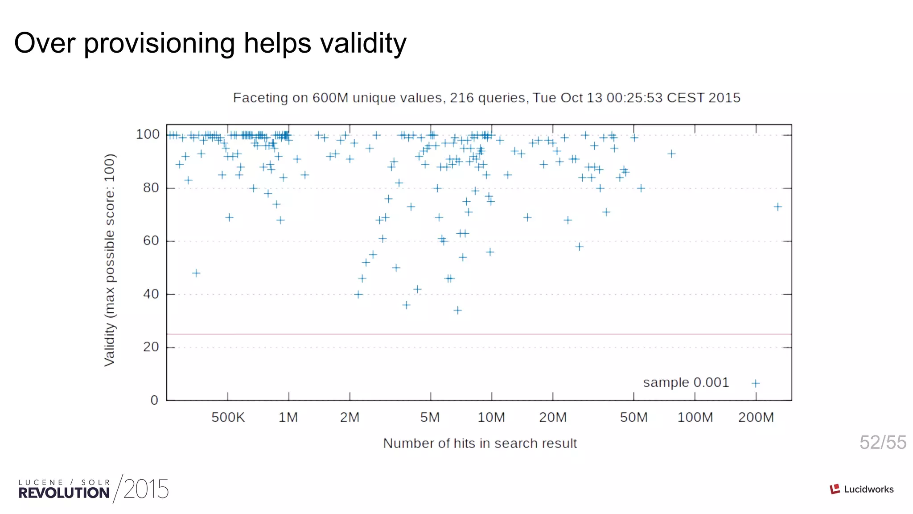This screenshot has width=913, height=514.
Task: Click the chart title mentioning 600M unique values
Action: [486, 98]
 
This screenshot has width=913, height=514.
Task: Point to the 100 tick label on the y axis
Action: [148, 134]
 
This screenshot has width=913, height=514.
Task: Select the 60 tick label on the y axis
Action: [151, 241]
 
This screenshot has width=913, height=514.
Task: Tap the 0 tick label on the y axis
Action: [154, 400]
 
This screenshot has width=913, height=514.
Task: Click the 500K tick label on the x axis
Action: [228, 418]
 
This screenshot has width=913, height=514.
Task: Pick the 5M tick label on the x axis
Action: [430, 418]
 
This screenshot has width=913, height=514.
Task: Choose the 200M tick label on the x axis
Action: [756, 418]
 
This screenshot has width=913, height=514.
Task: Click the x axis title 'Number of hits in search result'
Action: [480, 444]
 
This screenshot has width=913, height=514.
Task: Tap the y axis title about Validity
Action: [110, 260]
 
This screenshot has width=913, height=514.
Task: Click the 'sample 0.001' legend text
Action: [686, 383]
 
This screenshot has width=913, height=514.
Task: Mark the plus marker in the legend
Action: [755, 383]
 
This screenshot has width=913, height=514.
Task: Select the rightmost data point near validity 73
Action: [777, 207]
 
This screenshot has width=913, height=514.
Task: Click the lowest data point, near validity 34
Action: [457, 310]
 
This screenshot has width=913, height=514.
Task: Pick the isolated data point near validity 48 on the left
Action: [196, 273]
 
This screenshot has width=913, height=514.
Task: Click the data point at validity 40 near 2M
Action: [358, 294]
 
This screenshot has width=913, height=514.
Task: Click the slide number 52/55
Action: [883, 443]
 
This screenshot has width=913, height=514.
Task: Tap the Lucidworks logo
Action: [862, 489]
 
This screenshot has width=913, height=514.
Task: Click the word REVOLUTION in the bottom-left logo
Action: [64, 493]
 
